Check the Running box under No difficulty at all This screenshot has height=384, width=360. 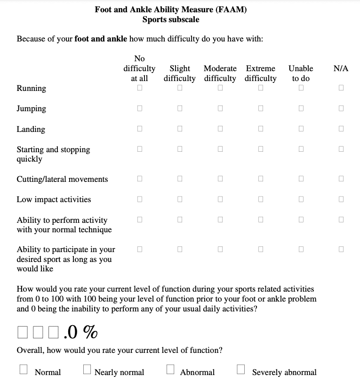140,88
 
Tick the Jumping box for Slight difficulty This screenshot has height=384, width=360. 180,108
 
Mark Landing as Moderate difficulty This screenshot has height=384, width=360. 220,129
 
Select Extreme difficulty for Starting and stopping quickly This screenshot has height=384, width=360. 261,149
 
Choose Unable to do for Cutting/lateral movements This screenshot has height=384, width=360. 301,179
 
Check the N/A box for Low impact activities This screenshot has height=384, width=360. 341,199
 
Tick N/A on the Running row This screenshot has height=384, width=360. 341,88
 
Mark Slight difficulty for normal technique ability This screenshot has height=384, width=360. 180,220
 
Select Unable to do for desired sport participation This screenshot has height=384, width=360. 301,249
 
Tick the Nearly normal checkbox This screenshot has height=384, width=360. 87,369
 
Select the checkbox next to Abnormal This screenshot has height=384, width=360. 171,369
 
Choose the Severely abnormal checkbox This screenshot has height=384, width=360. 241,369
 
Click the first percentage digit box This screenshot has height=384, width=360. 23,332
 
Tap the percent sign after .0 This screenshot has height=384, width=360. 91,332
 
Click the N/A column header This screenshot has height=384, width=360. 341,68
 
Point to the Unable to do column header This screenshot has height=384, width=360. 301,74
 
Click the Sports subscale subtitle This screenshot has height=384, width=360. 170,19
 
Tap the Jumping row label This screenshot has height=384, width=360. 32,108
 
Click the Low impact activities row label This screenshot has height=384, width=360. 54,199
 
